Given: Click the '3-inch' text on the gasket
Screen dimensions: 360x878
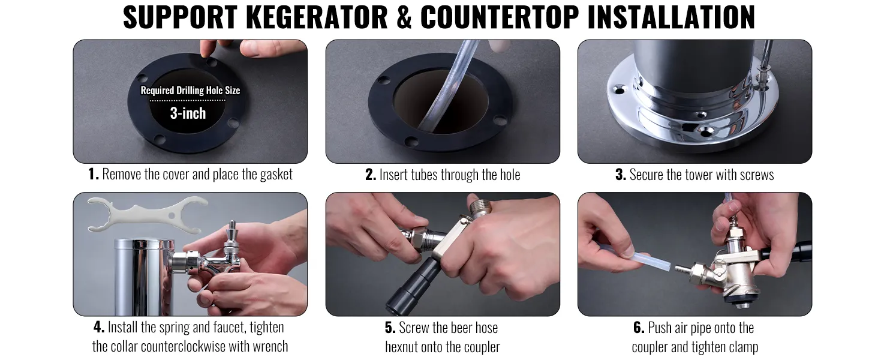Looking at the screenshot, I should [x=188, y=113].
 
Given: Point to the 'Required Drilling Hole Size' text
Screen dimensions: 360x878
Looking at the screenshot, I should [x=190, y=91].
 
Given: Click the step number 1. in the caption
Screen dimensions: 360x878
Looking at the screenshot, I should [x=93, y=175].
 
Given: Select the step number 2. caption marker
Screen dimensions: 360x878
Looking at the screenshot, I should [x=371, y=175].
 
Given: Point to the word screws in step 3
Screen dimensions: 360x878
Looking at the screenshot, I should [x=755, y=175].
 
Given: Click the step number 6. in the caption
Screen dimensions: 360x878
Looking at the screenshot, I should [x=639, y=328].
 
